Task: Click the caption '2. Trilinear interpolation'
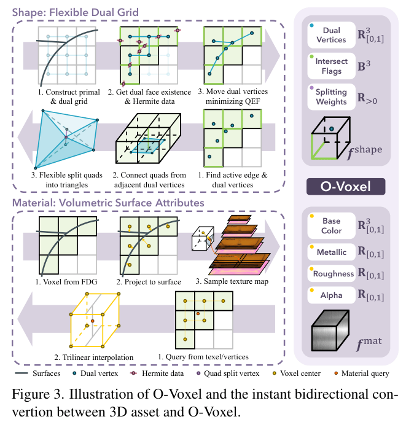point(92,358)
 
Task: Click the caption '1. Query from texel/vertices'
point(205,357)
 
